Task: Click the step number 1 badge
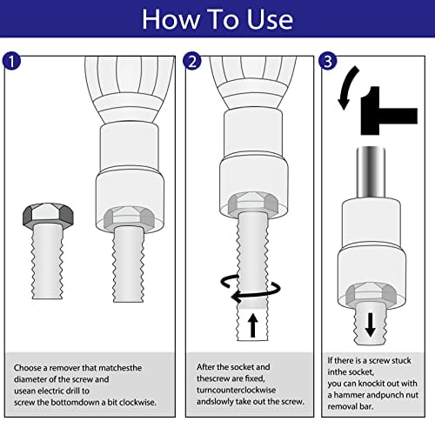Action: click(x=10, y=63)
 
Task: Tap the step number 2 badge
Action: click(x=192, y=63)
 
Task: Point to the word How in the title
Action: click(x=171, y=18)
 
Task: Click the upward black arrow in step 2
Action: click(x=252, y=324)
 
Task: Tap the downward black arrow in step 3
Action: click(x=371, y=324)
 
